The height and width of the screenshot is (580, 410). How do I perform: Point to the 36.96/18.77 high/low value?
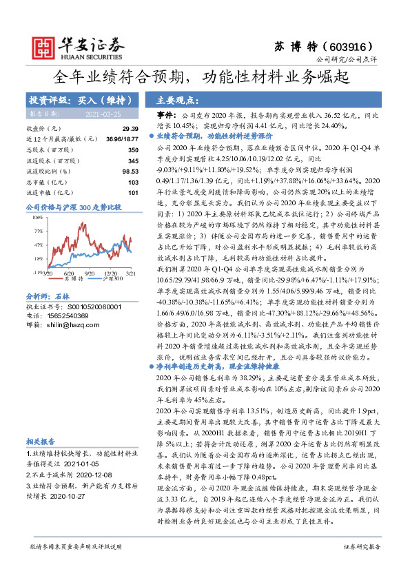tap(125, 139)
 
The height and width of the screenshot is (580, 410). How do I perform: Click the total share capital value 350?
tap(132, 149)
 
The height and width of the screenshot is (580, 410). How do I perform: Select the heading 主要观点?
tap(176, 100)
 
